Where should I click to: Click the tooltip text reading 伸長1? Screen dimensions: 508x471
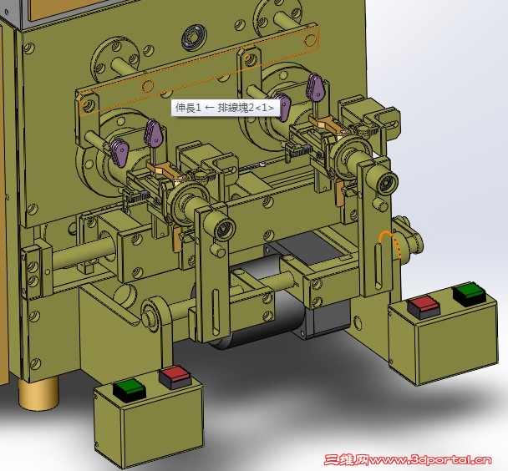click(188, 107)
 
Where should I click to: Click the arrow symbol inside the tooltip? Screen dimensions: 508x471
click(210, 108)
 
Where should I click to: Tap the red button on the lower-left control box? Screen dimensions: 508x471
click(175, 377)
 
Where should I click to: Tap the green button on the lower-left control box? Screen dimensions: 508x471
click(130, 390)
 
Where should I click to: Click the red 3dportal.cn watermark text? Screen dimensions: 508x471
click(408, 459)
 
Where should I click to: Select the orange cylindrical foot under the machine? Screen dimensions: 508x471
click(38, 393)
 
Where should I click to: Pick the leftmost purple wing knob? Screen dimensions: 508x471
click(119, 151)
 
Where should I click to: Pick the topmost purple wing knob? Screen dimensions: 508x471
click(316, 86)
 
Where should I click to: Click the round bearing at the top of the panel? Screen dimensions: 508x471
click(193, 38)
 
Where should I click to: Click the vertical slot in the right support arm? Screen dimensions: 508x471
click(378, 266)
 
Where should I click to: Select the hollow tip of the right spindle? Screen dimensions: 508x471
click(387, 183)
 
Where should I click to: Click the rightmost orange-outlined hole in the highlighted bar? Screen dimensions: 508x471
click(310, 39)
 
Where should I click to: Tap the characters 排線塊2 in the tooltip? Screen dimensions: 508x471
click(236, 107)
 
